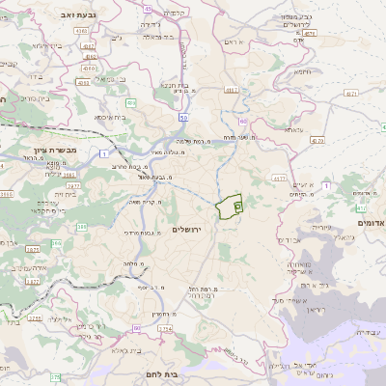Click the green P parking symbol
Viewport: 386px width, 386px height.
pos(237,206)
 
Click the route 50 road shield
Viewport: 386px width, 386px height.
pos(182,117)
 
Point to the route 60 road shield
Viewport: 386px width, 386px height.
pos(243,122)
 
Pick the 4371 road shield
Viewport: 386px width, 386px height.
pos(349,95)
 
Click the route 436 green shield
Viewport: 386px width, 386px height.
pos(129,101)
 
